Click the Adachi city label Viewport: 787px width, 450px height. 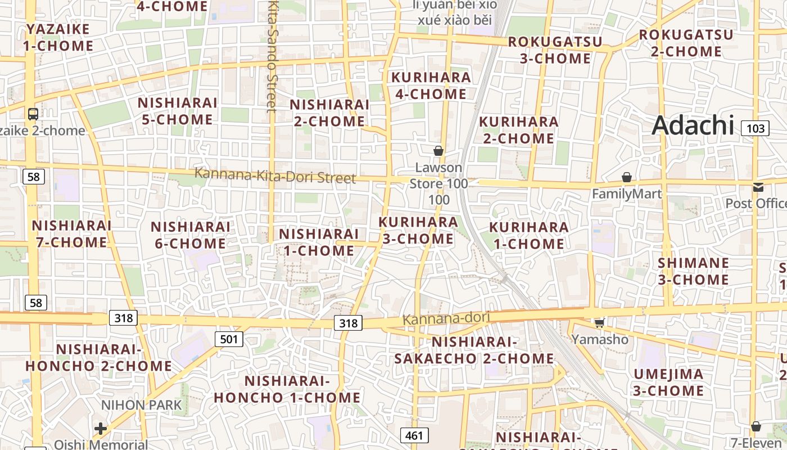pyautogui.click(x=693, y=125)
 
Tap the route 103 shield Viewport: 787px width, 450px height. pyautogui.click(x=755, y=128)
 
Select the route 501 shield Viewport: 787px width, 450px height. pyautogui.click(x=229, y=339)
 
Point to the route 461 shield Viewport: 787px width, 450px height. pyautogui.click(x=414, y=435)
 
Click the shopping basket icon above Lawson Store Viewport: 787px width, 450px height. pyautogui.click(x=438, y=151)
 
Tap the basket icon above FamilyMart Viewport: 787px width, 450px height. pyautogui.click(x=627, y=178)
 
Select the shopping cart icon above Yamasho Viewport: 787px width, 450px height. pyautogui.click(x=600, y=323)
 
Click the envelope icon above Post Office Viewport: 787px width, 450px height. pyautogui.click(x=758, y=187)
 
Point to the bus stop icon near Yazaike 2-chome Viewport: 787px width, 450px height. pyautogui.click(x=33, y=114)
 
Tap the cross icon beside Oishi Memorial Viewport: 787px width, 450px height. pyautogui.click(x=101, y=429)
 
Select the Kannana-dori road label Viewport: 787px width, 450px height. pyautogui.click(x=446, y=318)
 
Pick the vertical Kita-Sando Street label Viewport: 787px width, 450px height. pyautogui.click(x=273, y=56)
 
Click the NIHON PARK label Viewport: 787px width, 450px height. pyautogui.click(x=142, y=404)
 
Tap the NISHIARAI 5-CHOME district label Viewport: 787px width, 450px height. pyautogui.click(x=177, y=111)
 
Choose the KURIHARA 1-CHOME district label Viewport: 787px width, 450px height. pyautogui.click(x=528, y=235)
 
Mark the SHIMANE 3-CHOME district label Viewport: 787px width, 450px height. pyautogui.click(x=693, y=271)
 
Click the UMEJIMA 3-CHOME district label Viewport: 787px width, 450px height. pyautogui.click(x=668, y=382)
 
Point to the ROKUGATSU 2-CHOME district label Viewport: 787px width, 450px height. pyautogui.click(x=686, y=43)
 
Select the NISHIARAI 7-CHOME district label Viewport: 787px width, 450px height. pyautogui.click(x=71, y=233)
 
